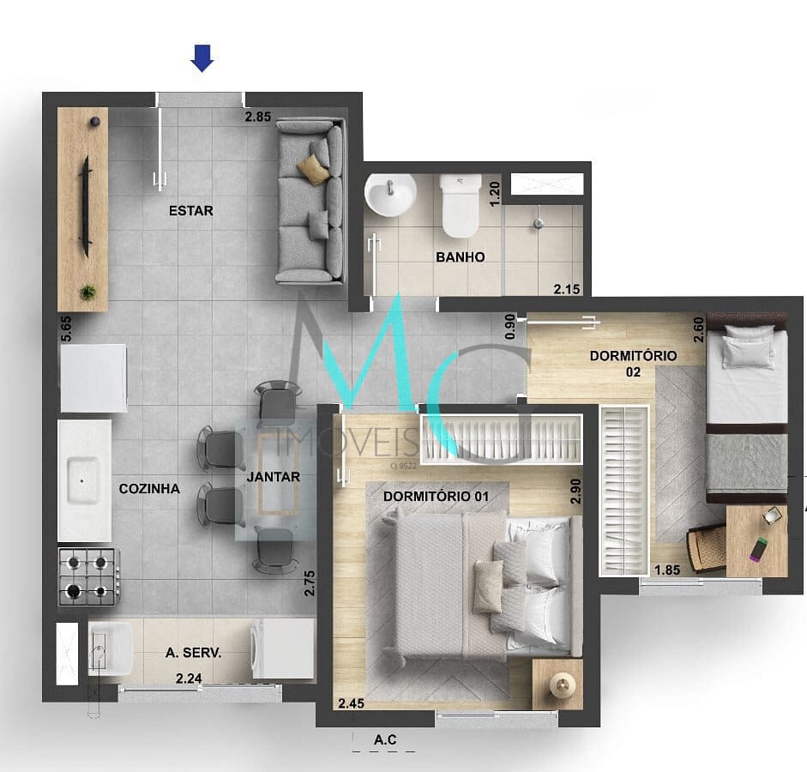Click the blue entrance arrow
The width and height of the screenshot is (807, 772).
point(202,58)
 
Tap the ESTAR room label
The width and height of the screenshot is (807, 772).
point(191,210)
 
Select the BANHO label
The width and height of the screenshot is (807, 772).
point(461,256)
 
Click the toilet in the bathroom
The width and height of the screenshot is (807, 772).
point(461,205)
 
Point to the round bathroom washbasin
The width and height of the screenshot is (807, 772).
point(390,194)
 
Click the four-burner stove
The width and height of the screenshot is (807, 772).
point(89,576)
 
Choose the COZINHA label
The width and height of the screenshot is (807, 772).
point(149,488)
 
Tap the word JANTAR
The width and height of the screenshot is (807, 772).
point(274,477)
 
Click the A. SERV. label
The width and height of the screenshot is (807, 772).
point(194,653)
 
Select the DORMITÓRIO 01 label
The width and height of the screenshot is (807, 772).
point(436,496)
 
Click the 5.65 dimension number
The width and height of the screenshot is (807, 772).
point(66,329)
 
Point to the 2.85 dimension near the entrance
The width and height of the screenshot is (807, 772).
point(258,117)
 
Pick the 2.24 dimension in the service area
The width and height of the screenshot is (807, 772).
point(189,679)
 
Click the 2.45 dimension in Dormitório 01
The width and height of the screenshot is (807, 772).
point(352,703)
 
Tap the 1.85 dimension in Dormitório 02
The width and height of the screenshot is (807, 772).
point(667,570)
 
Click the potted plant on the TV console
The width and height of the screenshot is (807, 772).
point(88,293)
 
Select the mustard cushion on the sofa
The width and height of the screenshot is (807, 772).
point(313,168)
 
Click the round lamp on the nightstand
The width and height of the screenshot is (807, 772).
point(562,685)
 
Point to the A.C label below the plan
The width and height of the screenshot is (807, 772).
point(385,739)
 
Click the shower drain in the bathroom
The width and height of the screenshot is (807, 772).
point(539,223)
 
